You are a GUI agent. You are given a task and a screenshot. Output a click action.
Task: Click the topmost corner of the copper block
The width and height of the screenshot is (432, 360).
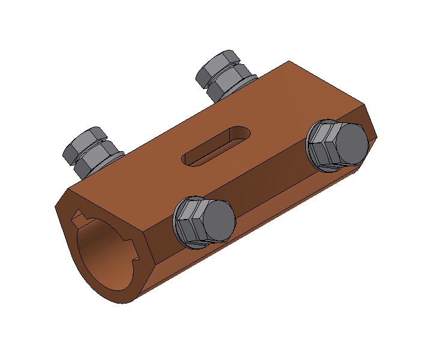[x=290, y=61]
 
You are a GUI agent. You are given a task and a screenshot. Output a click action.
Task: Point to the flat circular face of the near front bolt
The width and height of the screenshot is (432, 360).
[x=217, y=220]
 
